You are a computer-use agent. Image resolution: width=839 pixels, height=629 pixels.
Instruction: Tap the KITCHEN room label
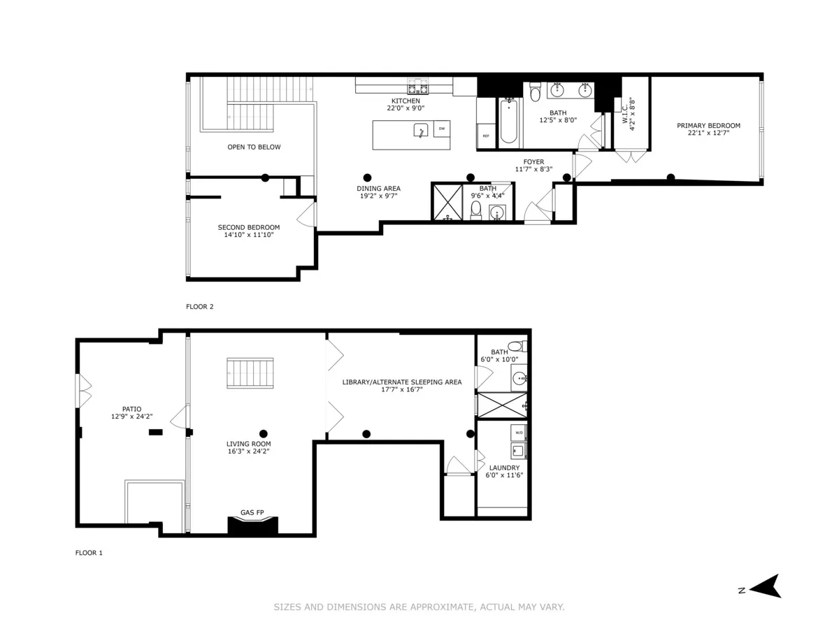406,101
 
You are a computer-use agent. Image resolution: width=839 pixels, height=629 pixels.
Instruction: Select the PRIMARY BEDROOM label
708,126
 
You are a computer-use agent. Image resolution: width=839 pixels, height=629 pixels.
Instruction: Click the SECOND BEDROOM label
248,227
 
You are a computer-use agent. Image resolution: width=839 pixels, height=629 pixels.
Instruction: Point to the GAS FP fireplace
252,524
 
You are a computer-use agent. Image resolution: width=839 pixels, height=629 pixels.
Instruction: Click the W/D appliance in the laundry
519,433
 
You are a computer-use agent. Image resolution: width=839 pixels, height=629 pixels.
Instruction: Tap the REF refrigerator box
486,136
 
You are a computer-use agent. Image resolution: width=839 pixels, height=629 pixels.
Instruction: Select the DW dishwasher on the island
441,129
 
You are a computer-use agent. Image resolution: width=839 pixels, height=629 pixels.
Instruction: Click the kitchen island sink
420,131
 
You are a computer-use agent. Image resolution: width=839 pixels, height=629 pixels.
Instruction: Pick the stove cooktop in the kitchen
418,87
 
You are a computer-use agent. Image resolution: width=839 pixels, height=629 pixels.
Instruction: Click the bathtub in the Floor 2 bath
508,122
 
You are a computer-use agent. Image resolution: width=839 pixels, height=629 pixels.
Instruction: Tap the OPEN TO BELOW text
254,147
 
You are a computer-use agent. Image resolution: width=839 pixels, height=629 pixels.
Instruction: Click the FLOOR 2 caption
199,306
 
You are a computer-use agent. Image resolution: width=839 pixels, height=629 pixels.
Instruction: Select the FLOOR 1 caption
89,553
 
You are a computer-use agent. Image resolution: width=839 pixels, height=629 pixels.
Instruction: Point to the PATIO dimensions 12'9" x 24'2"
131,417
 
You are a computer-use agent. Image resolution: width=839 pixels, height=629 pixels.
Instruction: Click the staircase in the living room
250,373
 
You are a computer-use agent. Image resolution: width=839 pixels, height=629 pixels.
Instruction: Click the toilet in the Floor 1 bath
516,346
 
